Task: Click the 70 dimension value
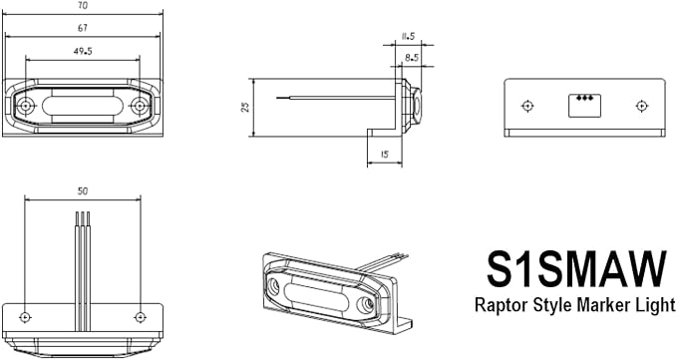click(82, 6)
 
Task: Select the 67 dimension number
click(83, 28)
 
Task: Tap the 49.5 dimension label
click(83, 52)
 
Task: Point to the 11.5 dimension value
click(408, 36)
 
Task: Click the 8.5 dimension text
click(412, 58)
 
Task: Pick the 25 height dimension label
click(245, 107)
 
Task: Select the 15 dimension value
click(384, 155)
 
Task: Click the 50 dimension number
click(83, 190)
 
